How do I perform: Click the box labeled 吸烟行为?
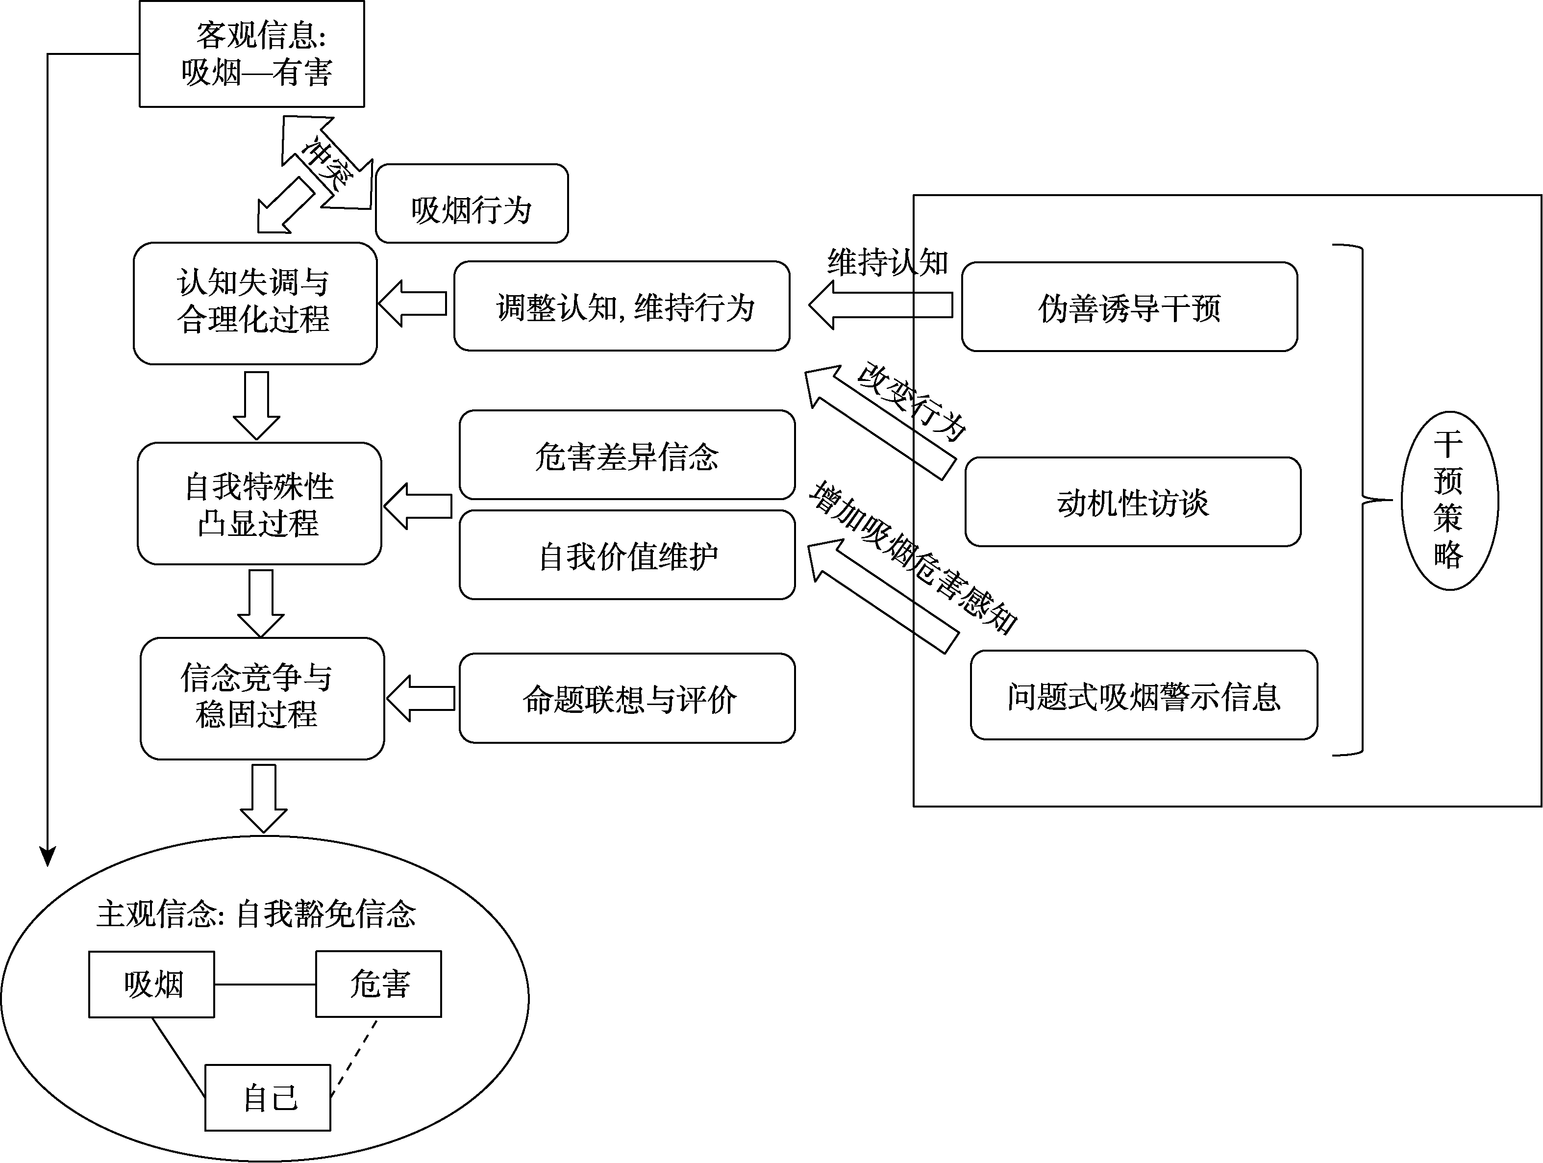coord(472,203)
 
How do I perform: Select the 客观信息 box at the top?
coord(252,54)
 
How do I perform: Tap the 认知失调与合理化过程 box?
coord(255,303)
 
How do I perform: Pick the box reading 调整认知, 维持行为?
coord(622,306)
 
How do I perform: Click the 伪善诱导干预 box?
coord(1129,307)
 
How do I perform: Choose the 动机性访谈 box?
coord(1133,502)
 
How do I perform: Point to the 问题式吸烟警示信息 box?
coord(1144,696)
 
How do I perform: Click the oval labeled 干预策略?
coord(1449,501)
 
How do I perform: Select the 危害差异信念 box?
coord(626,455)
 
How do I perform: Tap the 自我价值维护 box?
coord(626,556)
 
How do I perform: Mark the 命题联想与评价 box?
coord(626,698)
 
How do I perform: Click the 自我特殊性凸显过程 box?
coord(259,504)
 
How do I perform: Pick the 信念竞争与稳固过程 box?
coord(262,698)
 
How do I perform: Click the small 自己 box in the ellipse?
coord(268,1097)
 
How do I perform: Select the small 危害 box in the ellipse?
coord(379,984)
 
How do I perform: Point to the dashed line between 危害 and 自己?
coord(354,1059)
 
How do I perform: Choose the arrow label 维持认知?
coord(887,263)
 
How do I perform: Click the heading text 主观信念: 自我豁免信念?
coord(256,914)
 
